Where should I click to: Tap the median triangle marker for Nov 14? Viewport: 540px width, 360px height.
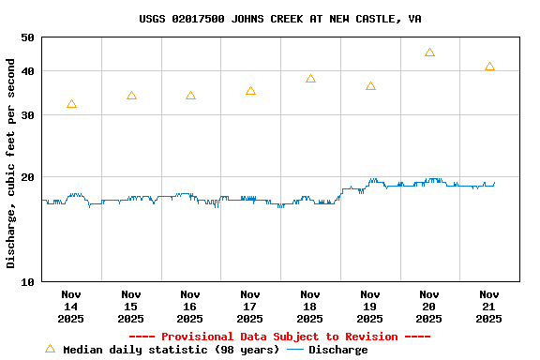pyautogui.click(x=71, y=104)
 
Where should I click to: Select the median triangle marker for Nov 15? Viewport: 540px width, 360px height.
pyautogui.click(x=131, y=96)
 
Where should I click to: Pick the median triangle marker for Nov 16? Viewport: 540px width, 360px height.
pyautogui.click(x=190, y=96)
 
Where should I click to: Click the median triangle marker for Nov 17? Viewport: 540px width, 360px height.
pyautogui.click(x=250, y=91)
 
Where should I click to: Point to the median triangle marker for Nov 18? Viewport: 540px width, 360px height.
pyautogui.click(x=310, y=79)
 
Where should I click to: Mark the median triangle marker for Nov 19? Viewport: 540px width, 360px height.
pyautogui.click(x=370, y=86)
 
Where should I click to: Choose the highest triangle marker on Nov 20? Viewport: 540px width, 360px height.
pyautogui.click(x=429, y=52)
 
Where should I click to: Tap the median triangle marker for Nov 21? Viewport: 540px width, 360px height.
pyautogui.click(x=489, y=67)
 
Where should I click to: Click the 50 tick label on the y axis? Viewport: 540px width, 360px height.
pyautogui.click(x=26, y=38)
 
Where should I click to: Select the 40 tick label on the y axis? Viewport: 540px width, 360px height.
pyautogui.click(x=26, y=71)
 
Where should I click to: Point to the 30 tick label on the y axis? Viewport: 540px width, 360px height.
pyautogui.click(x=26, y=115)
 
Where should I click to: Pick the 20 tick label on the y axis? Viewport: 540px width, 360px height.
pyautogui.click(x=26, y=177)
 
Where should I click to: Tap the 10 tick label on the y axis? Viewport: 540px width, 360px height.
pyautogui.click(x=26, y=282)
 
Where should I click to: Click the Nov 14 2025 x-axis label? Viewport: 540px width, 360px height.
pyautogui.click(x=71, y=307)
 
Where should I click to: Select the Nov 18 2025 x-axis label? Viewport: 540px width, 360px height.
pyautogui.click(x=310, y=307)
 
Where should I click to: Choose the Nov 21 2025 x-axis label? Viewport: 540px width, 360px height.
pyautogui.click(x=489, y=307)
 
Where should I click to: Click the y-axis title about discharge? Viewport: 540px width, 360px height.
pyautogui.click(x=11, y=163)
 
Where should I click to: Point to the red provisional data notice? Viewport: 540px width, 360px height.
pyautogui.click(x=279, y=337)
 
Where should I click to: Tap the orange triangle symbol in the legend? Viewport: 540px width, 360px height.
pyautogui.click(x=50, y=349)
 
